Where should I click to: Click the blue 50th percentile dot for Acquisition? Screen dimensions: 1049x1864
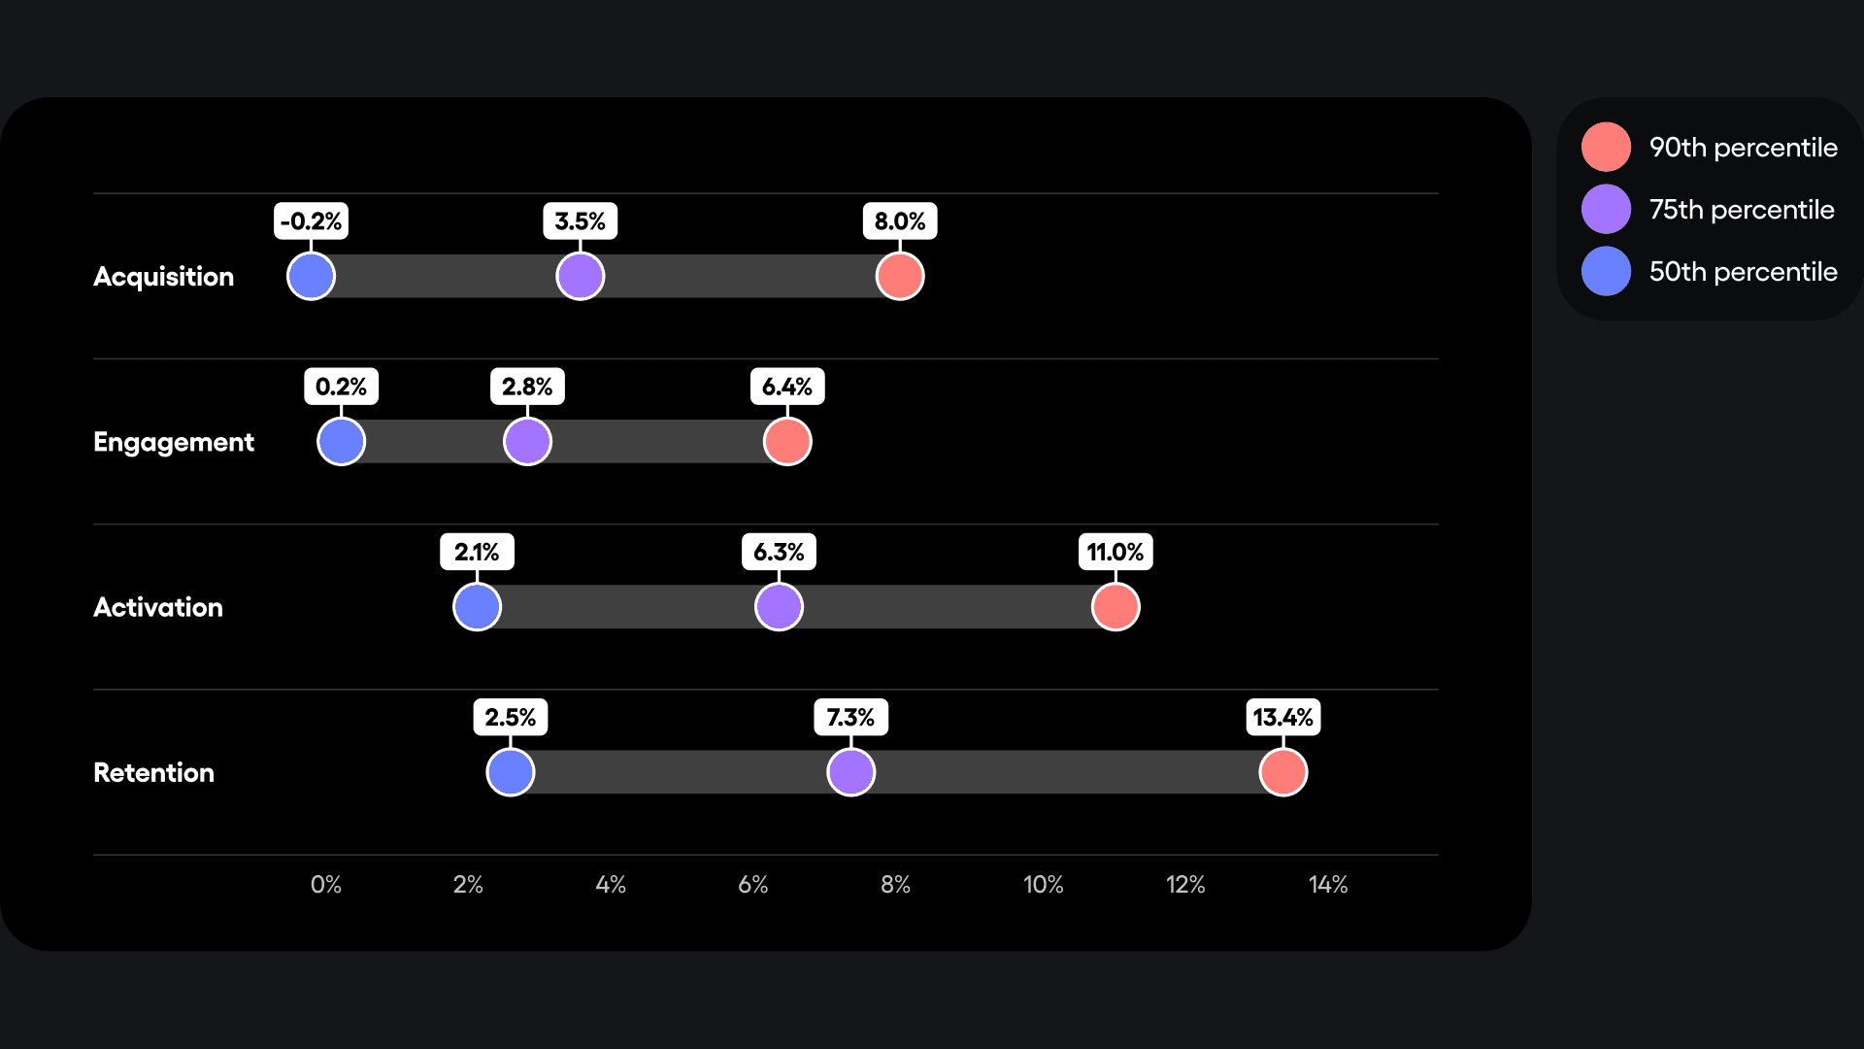click(311, 276)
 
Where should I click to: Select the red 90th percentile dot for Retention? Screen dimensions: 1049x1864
click(1282, 772)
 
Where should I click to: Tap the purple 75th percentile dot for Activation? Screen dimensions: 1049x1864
click(779, 607)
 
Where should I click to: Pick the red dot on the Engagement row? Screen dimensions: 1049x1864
click(787, 442)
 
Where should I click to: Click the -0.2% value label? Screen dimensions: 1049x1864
click(311, 221)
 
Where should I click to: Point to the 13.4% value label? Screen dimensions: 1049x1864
click(1282, 718)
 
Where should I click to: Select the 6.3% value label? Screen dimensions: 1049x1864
click(779, 553)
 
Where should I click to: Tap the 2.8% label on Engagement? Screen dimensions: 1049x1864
click(527, 387)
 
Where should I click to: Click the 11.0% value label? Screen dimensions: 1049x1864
click(1115, 553)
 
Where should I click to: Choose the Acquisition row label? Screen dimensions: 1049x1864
click(163, 277)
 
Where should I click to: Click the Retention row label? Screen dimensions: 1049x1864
click(153, 772)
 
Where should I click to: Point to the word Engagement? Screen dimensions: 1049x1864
click(173, 442)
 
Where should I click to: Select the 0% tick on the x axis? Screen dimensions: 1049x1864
click(325, 885)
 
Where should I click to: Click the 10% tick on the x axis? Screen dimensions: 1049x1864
click(1043, 885)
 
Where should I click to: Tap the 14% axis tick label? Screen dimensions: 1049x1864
click(1327, 885)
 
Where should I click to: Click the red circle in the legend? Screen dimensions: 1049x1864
click(1606, 147)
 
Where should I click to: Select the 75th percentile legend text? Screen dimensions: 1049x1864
click(1741, 210)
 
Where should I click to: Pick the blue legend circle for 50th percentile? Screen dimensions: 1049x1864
click(1606, 271)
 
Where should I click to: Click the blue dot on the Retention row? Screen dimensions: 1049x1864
click(510, 772)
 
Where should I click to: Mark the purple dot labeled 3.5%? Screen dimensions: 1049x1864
click(580, 276)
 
